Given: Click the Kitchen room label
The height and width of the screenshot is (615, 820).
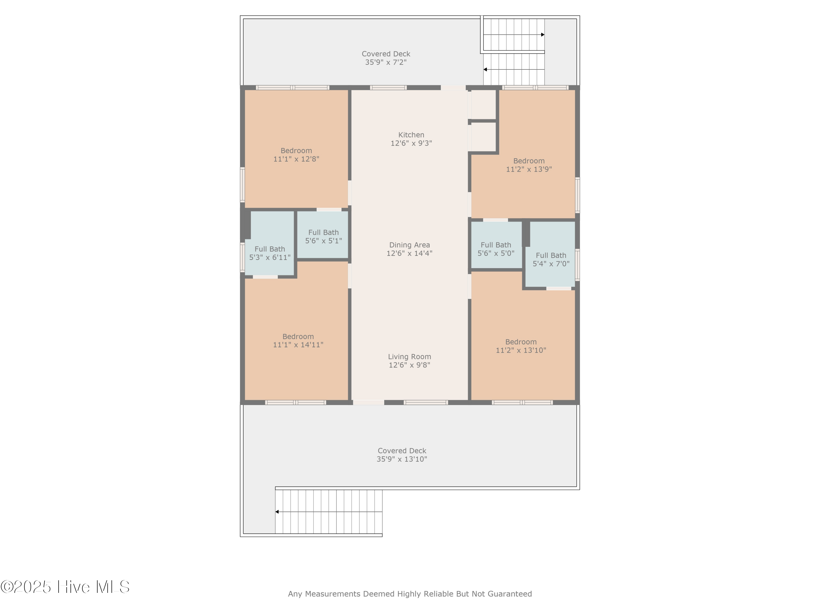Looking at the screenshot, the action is [x=411, y=135].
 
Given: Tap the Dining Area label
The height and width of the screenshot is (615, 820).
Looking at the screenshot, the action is [x=410, y=245].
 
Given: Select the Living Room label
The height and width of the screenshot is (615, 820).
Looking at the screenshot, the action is [x=410, y=357].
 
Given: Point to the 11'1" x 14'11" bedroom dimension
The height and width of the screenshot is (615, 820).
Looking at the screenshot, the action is [x=298, y=345].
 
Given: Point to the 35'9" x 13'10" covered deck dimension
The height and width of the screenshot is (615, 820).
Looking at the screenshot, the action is [x=402, y=459].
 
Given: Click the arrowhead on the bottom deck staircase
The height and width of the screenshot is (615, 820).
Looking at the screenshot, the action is [x=277, y=512].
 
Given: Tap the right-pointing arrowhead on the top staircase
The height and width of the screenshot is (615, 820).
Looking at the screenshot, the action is [x=543, y=35].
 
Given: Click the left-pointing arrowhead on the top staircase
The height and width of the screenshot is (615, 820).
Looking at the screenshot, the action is [x=485, y=69].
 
